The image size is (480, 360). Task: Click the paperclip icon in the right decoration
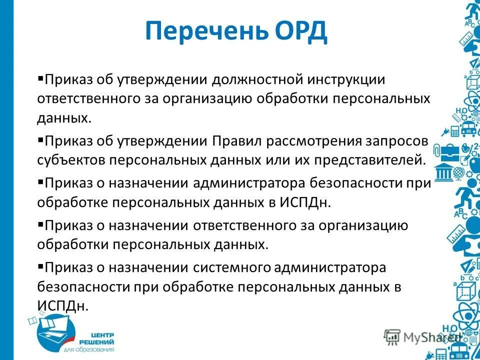coord(436,150)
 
